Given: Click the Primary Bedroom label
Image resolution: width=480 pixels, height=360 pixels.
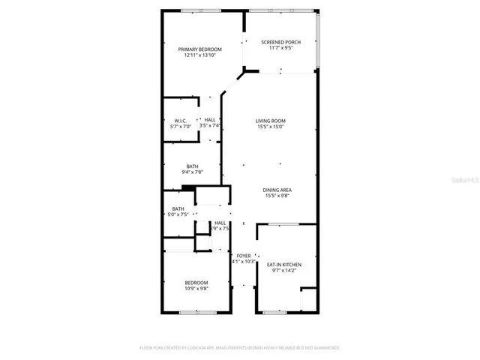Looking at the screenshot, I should pyautogui.click(x=199, y=49).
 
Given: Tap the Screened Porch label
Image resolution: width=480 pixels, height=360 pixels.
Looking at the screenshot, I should pyautogui.click(x=280, y=42).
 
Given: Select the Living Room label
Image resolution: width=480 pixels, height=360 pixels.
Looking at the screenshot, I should pyautogui.click(x=270, y=121).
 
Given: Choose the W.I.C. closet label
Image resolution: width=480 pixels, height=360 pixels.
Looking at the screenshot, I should pyautogui.click(x=180, y=120).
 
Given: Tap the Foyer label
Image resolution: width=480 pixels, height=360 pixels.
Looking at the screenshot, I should pyautogui.click(x=243, y=256).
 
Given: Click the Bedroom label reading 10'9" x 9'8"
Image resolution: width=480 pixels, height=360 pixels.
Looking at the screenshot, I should pyautogui.click(x=196, y=282).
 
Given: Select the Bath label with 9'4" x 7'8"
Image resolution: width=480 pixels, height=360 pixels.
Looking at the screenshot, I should pyautogui.click(x=193, y=166).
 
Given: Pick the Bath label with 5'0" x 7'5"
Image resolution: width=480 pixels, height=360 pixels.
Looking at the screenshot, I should pyautogui.click(x=178, y=209).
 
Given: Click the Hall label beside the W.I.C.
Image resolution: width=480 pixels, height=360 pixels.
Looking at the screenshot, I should pyautogui.click(x=210, y=120).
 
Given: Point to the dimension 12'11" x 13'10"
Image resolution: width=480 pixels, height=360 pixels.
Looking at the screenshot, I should pyautogui.click(x=199, y=55).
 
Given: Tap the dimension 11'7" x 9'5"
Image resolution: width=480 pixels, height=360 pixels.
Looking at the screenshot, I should pyautogui.click(x=280, y=49).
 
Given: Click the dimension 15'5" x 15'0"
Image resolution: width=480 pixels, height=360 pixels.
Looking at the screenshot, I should pyautogui.click(x=270, y=127).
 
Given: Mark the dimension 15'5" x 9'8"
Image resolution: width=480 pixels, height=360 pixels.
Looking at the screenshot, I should pyautogui.click(x=276, y=196).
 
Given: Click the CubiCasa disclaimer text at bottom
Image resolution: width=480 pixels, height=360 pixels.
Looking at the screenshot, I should pyautogui.click(x=240, y=348).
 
